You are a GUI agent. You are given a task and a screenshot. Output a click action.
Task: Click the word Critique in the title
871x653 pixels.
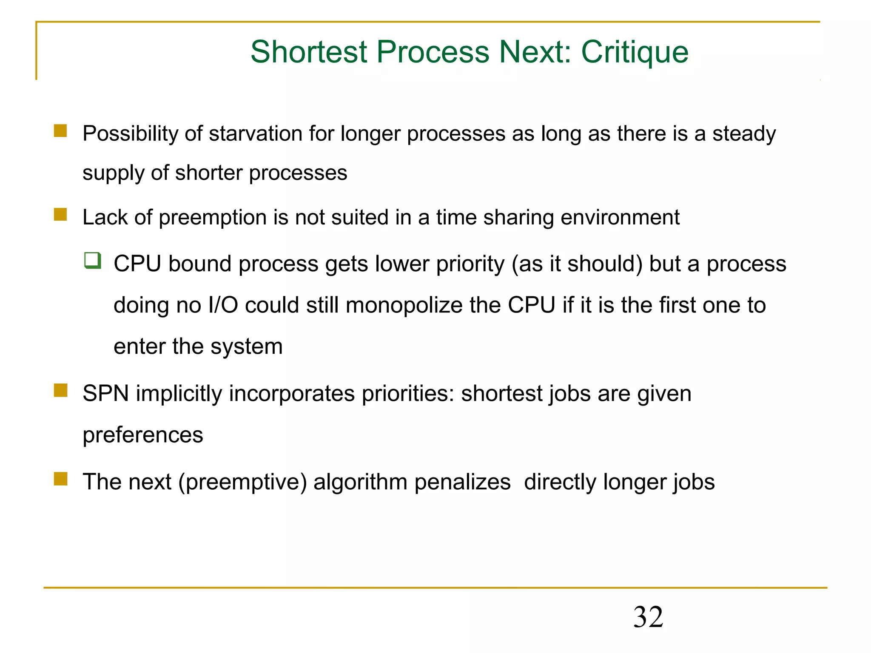(x=635, y=52)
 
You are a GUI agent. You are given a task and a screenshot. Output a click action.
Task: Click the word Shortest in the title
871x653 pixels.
(x=309, y=52)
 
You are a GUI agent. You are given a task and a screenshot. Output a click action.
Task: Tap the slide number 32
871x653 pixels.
(x=648, y=617)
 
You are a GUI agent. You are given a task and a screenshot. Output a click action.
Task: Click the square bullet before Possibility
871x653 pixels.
(x=60, y=131)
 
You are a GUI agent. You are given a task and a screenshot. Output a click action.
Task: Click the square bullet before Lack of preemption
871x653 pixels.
(x=60, y=214)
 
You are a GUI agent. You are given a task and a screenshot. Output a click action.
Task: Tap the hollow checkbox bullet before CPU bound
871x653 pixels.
(x=92, y=260)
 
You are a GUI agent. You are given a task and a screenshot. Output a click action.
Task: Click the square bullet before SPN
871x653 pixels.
(x=60, y=390)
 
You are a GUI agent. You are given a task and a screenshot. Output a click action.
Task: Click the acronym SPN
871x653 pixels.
(x=105, y=393)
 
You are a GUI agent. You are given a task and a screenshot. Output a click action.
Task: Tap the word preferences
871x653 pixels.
(x=143, y=435)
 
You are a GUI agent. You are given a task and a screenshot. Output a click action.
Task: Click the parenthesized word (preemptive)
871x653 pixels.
(x=242, y=482)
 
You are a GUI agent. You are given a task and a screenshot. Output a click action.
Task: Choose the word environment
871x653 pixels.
(x=620, y=217)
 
